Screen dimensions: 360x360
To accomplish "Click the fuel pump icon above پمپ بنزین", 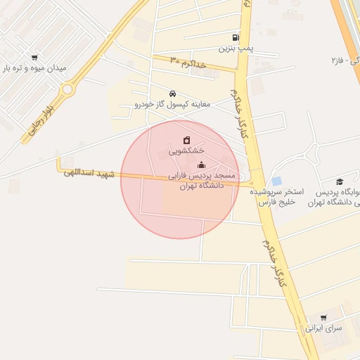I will click(x=235, y=38).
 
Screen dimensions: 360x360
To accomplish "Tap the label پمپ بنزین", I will click(x=235, y=49).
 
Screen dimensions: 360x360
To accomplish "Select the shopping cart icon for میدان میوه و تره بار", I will click(x=34, y=58).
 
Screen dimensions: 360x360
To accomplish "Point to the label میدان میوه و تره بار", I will click(x=35, y=68).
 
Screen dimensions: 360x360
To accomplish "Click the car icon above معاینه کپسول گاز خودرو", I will click(x=172, y=94).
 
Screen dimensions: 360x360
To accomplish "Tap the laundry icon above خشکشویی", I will click(x=186, y=140).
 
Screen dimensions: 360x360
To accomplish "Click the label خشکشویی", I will click(x=187, y=150).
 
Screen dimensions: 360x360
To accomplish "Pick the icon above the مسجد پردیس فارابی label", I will click(x=202, y=165).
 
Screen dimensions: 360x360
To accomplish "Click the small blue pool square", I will click(x=276, y=181).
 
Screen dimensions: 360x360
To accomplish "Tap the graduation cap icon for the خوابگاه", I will click(x=339, y=181).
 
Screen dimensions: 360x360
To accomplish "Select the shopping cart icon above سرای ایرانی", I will click(x=323, y=318).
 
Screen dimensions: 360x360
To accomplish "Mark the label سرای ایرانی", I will click(x=323, y=328).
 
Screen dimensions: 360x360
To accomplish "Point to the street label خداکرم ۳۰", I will click(x=188, y=63).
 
